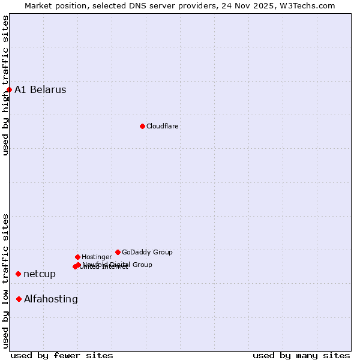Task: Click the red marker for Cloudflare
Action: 142,126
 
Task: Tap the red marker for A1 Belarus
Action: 9,90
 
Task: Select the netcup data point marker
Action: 18,274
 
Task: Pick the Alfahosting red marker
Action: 19,299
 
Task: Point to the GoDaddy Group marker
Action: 118,252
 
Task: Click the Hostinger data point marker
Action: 77,257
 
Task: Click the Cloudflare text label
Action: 163,126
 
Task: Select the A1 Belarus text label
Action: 40,90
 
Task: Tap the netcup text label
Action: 40,274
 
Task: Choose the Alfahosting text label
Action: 51,299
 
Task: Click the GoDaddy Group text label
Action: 147,252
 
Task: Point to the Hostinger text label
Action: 97,257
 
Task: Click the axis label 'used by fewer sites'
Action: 62,355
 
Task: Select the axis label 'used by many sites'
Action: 301,355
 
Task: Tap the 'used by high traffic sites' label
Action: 5,85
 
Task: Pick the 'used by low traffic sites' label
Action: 5,281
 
